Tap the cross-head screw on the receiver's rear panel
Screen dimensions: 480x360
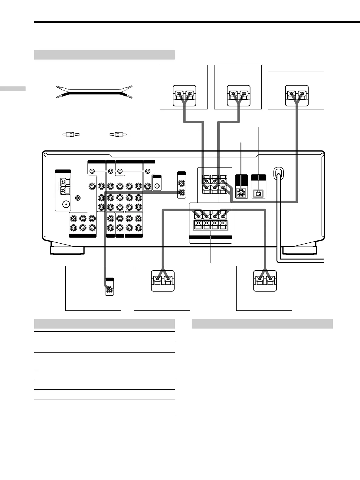78,198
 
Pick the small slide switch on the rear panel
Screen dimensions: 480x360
259,193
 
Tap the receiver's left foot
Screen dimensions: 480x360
67,250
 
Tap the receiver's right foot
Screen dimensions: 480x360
299,250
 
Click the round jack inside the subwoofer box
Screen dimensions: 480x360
109,290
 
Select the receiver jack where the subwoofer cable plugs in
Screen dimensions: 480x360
182,192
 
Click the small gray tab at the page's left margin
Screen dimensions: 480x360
13,88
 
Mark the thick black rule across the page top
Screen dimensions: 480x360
197,22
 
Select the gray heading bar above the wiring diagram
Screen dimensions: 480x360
104,55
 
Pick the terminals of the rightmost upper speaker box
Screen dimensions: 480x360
296,95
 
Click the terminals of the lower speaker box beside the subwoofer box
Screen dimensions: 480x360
162,281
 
